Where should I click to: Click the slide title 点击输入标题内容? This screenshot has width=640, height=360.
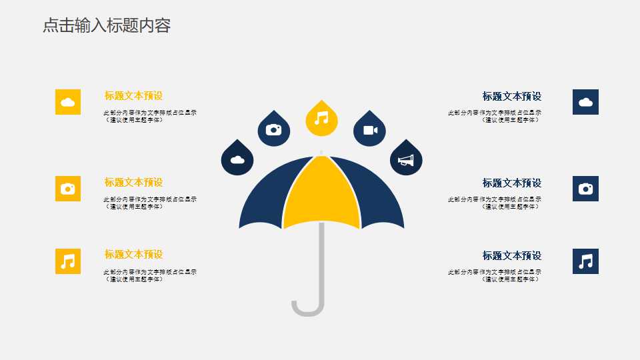click(x=107, y=25)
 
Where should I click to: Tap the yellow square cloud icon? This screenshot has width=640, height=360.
click(x=68, y=102)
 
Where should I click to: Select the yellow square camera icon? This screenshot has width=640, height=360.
click(x=68, y=189)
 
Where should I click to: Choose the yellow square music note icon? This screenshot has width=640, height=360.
click(x=68, y=261)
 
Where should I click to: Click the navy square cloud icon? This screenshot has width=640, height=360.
click(x=585, y=102)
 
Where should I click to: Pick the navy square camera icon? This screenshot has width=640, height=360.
click(x=585, y=189)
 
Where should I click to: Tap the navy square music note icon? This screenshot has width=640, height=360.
click(x=585, y=261)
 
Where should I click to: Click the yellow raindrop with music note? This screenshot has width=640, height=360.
click(x=321, y=119)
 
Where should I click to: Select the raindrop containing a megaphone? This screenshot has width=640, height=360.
click(x=406, y=160)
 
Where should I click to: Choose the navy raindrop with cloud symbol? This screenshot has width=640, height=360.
click(x=237, y=160)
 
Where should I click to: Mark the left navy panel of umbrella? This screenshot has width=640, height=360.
click(x=263, y=200)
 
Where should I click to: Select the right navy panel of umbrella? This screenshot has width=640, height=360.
click(x=380, y=200)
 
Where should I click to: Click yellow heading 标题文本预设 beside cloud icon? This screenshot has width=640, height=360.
click(x=133, y=95)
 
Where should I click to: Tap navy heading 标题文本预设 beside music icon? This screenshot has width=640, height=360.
click(x=512, y=255)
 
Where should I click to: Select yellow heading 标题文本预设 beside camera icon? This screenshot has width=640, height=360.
click(x=133, y=182)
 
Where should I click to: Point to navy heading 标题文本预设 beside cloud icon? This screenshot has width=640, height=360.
click(x=512, y=96)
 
